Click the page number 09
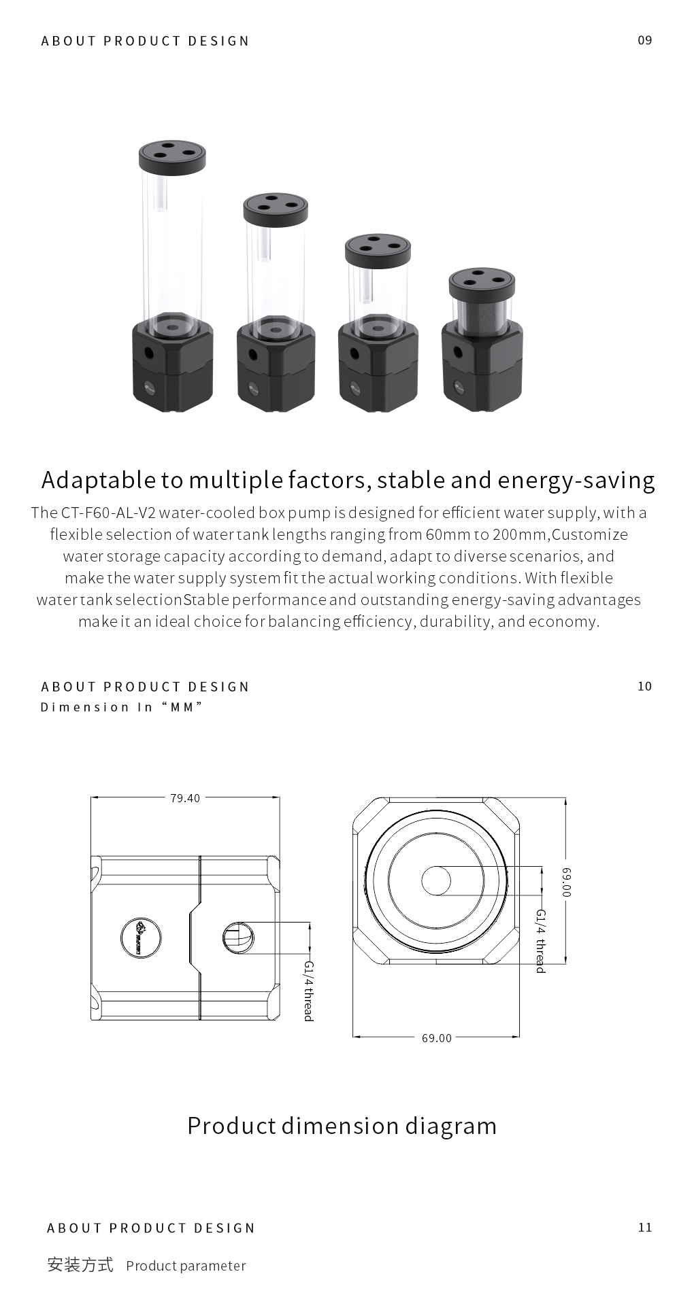click(644, 40)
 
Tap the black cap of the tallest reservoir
click(172, 157)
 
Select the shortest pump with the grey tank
click(482, 339)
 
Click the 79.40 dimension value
click(185, 798)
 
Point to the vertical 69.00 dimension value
click(566, 881)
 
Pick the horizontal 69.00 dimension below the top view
click(436, 1037)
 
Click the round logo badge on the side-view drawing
click(141, 937)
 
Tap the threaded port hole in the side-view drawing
click(238, 938)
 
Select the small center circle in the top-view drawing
click(436, 881)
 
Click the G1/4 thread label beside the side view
click(308, 991)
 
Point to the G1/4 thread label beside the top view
click(541, 941)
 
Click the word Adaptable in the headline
click(99, 481)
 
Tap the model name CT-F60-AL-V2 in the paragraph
click(109, 513)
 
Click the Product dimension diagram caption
click(342, 1126)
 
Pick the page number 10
click(644, 686)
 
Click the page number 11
click(645, 1227)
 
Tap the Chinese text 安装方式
click(80, 1264)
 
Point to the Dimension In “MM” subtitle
click(122, 707)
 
